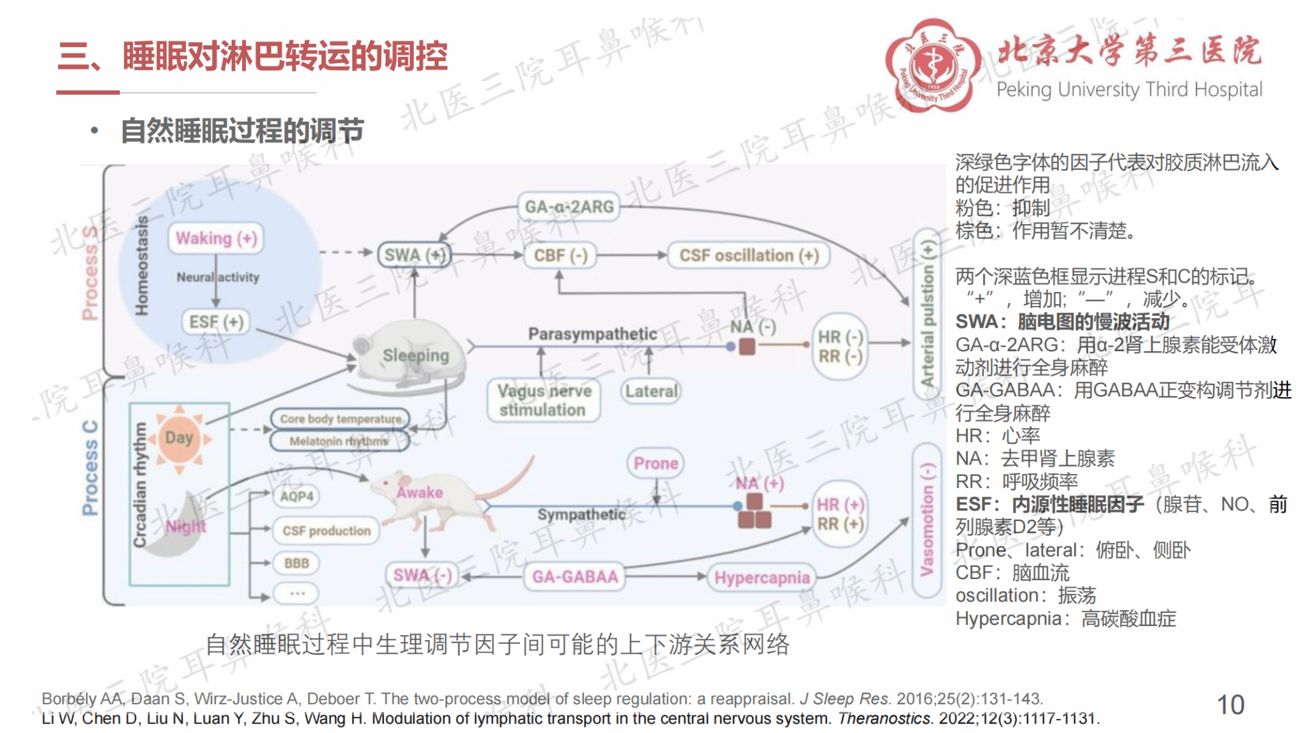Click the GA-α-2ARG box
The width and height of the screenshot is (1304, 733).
coord(569,207)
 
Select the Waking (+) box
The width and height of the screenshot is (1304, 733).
coord(216,239)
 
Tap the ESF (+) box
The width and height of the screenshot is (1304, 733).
coord(216,322)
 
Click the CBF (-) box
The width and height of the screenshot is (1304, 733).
coord(560,256)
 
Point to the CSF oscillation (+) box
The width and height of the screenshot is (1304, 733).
coord(749,256)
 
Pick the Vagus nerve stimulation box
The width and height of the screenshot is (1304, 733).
coord(544,400)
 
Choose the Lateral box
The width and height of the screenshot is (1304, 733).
coord(651,391)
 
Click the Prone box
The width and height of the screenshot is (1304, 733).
coord(656,463)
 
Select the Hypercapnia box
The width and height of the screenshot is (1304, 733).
coord(762,578)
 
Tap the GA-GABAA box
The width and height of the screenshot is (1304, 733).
coord(575,577)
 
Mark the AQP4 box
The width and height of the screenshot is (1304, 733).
coord(297,496)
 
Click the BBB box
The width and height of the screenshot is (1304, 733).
coord(297,563)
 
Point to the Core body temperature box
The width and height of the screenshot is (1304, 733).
coord(341,419)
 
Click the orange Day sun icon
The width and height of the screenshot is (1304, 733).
coord(180,438)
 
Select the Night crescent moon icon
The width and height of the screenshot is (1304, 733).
coord(178,525)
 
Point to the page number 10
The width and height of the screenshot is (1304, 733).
coord(1230,705)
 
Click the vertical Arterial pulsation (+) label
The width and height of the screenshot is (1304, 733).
coord(928,315)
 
